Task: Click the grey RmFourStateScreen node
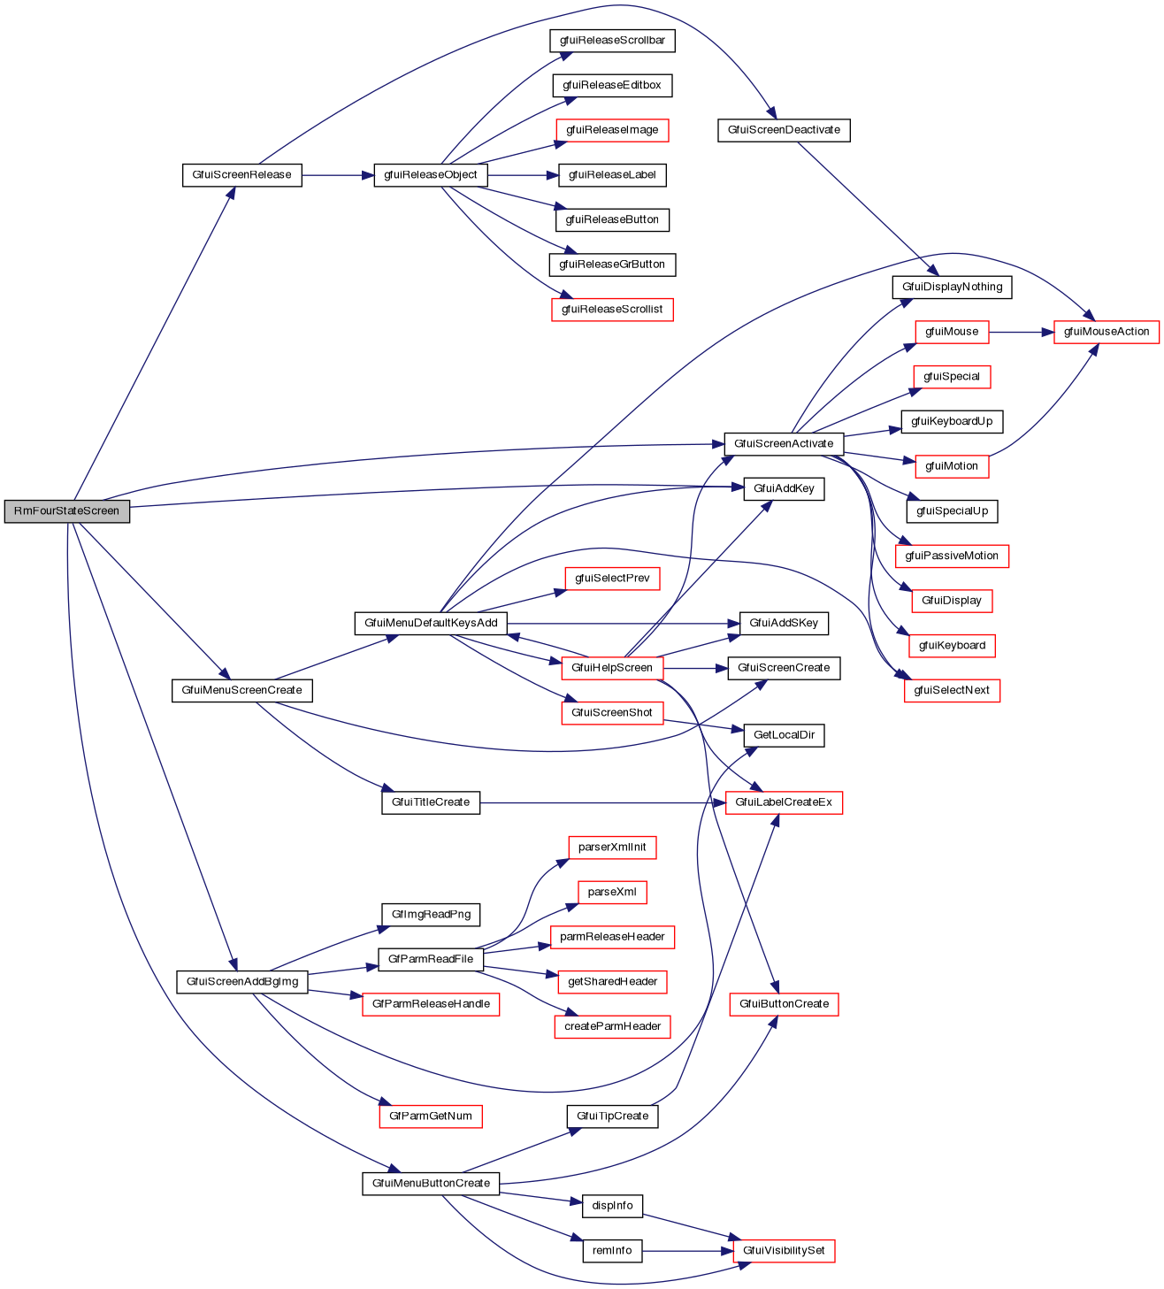tap(67, 511)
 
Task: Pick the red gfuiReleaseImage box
tap(612, 130)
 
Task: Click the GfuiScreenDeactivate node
tap(784, 130)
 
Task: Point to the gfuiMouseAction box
tap(1106, 332)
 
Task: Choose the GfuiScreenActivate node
tap(784, 444)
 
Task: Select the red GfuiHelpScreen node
tap(612, 668)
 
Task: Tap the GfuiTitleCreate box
tap(431, 802)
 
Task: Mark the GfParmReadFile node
tap(431, 959)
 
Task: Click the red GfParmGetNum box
tap(431, 1116)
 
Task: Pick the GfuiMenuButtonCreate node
tap(431, 1184)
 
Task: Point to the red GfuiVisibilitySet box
tap(784, 1251)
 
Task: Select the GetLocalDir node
tap(784, 735)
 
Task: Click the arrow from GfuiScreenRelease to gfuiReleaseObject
tap(337, 175)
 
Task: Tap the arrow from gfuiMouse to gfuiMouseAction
tap(1021, 332)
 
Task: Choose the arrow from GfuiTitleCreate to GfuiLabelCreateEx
tap(601, 802)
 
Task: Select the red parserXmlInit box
tap(612, 848)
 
